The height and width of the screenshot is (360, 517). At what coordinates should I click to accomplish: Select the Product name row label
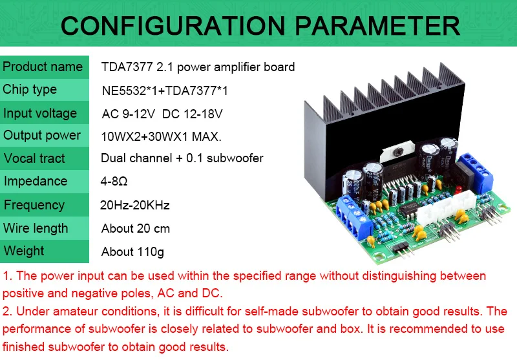43,67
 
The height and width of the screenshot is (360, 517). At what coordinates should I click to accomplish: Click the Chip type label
30,89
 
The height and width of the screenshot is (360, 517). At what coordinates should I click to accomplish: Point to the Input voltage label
40,113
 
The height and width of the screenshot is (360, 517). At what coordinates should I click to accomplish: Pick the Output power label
42,135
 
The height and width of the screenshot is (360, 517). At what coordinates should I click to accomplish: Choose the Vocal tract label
34,158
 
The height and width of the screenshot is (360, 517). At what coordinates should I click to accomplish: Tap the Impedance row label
35,181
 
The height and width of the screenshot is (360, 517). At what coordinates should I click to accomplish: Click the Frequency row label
34,205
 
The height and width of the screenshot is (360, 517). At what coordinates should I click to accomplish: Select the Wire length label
36,228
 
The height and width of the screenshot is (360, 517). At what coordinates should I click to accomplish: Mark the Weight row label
24,251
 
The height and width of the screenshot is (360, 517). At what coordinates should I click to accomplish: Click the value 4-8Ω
114,182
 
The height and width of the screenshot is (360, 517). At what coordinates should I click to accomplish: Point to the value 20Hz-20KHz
135,206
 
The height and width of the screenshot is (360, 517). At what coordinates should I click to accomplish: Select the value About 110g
133,251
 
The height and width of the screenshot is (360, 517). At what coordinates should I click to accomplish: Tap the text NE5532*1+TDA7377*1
165,91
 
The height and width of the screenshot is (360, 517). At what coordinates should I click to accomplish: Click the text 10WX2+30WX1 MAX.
162,136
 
